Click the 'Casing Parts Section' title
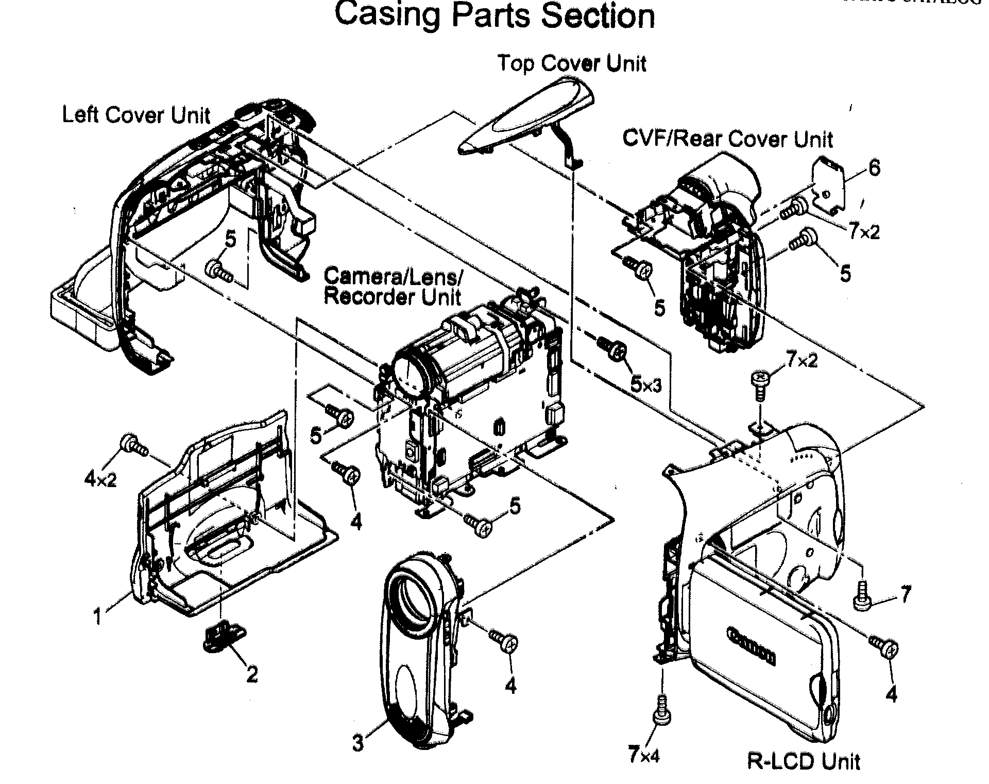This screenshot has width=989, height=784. coord(494,15)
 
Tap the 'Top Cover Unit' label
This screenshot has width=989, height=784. coord(572,63)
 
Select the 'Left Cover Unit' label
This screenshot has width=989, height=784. coord(136,115)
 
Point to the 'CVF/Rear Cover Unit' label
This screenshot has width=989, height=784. coord(727,139)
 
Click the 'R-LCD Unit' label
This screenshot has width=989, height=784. coord(803,761)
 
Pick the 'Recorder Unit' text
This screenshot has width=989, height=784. coord(393,297)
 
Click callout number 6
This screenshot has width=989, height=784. coord(874,168)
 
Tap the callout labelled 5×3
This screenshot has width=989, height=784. coord(646,385)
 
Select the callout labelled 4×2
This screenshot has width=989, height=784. coord(100,480)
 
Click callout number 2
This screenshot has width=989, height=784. coord(251,674)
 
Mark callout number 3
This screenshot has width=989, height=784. coord(358,743)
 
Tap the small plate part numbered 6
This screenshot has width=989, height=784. coord(829,187)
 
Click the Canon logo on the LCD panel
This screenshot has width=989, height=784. coord(752,646)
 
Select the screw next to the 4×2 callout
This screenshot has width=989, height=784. coord(133,445)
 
